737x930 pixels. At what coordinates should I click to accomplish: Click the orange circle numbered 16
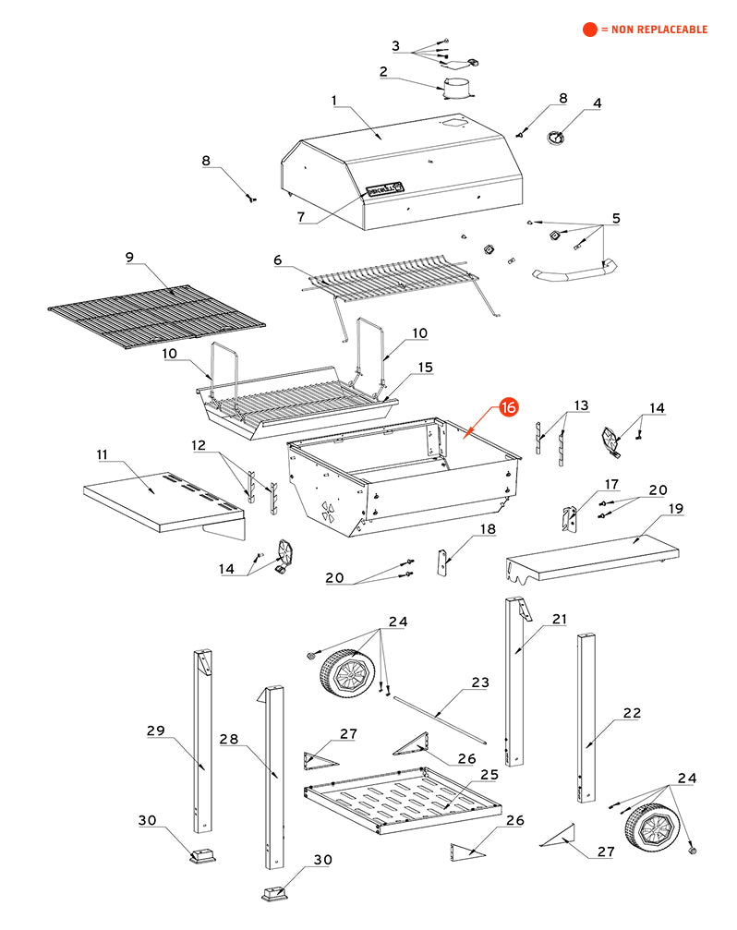[509, 407]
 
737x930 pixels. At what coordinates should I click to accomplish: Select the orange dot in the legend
[589, 30]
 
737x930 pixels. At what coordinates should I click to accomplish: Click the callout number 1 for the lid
[335, 99]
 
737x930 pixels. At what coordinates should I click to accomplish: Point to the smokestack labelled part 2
[457, 88]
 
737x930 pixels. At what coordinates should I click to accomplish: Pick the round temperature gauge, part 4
[556, 138]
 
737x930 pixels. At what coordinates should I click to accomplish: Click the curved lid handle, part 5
[573, 272]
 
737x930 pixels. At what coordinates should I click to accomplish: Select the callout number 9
[129, 256]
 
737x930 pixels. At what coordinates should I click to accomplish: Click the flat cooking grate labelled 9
[155, 315]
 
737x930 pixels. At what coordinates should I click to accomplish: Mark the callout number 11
[103, 454]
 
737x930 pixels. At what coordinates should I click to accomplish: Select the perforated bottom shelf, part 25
[402, 798]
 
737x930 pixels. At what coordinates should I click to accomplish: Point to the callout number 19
[676, 508]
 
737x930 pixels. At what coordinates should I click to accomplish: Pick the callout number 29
[155, 731]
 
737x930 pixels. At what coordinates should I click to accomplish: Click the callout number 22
[631, 713]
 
